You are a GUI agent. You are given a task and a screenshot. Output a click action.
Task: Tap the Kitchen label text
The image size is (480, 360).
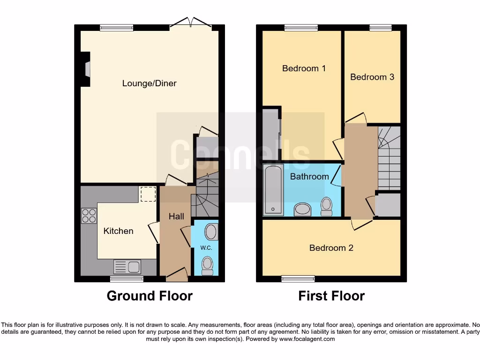click(118, 231)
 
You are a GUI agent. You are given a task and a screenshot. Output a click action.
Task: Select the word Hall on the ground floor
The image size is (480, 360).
click(176, 216)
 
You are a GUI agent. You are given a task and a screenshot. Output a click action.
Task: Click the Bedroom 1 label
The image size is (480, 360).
click(304, 68)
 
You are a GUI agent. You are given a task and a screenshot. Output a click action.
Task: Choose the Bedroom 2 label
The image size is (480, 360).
click(331, 248)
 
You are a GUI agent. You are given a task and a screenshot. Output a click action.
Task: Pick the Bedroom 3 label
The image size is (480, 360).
click(372, 77)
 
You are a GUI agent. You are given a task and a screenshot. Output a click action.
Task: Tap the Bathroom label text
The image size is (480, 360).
click(309, 177)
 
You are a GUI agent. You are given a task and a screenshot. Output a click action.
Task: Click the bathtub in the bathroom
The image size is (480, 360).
click(273, 190)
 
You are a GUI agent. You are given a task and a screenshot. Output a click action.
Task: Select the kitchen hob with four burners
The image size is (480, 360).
click(89, 215)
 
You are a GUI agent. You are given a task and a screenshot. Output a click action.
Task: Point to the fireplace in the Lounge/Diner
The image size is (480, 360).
click(86, 69)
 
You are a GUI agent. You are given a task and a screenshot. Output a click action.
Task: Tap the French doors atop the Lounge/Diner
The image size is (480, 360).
click(191, 24)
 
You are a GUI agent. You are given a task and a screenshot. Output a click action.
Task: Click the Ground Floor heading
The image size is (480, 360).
click(150, 296)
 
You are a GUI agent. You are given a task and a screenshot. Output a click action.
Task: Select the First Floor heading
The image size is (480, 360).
click(331, 296)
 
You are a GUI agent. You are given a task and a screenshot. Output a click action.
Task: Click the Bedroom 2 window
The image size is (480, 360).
click(298, 279)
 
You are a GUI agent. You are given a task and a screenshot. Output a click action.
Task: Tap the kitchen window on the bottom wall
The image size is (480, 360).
click(127, 279)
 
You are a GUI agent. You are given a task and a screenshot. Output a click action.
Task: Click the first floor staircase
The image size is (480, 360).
click(389, 157)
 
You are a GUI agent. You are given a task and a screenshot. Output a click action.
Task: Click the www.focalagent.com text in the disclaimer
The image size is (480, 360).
click(307, 339)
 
